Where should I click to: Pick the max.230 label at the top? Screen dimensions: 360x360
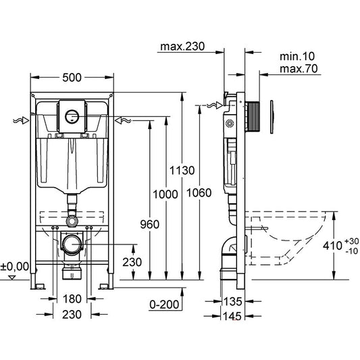182,47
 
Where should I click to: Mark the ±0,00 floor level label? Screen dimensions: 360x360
15,266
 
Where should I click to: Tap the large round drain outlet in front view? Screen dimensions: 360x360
72,242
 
